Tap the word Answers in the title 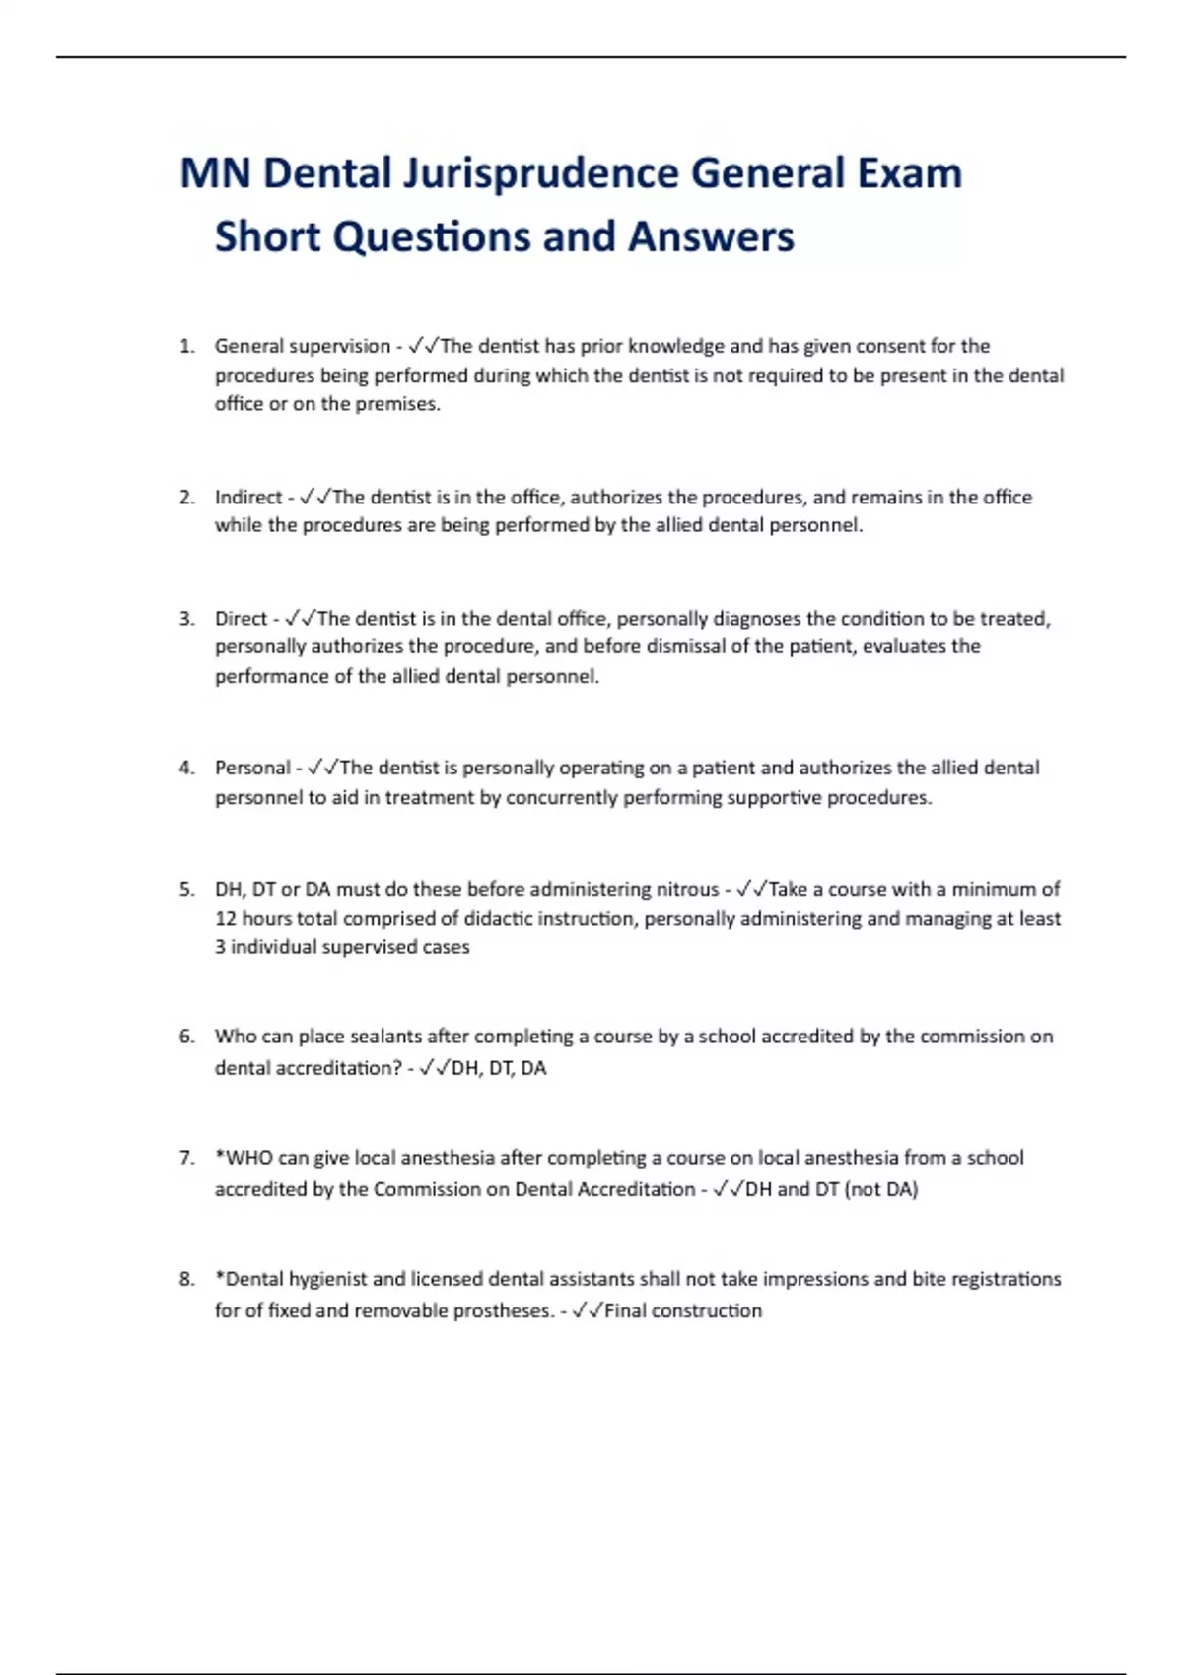(x=711, y=236)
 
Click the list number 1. (x=186, y=346)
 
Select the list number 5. (x=186, y=889)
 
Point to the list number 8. (x=186, y=1279)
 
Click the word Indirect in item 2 (x=248, y=497)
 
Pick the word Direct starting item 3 (x=241, y=618)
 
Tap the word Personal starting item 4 (x=252, y=768)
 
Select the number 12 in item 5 (x=226, y=918)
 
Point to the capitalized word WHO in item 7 (x=248, y=1158)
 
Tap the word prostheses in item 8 (x=502, y=1310)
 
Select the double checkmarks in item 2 (x=316, y=497)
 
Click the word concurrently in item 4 (x=562, y=797)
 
